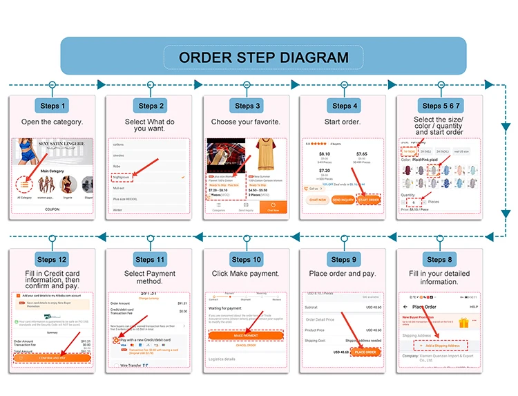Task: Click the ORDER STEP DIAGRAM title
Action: coord(263,57)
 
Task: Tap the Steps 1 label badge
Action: coord(53,106)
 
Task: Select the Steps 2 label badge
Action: coord(151,106)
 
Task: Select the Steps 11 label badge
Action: coord(150,259)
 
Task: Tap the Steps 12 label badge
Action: coord(52,259)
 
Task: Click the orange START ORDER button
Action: coord(369,200)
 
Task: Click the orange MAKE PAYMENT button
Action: coord(247,335)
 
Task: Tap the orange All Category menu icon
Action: coord(24,185)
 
